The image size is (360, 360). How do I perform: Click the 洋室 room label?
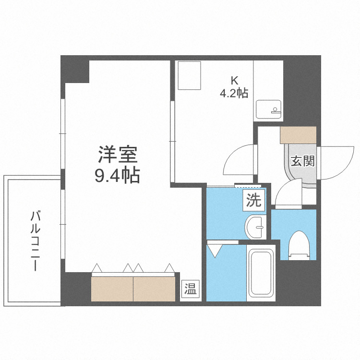click(118, 155)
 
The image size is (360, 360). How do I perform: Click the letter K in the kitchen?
click(234, 80)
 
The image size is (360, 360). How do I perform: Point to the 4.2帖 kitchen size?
click(234, 93)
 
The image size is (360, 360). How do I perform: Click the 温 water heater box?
click(191, 289)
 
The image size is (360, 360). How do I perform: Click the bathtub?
click(262, 274)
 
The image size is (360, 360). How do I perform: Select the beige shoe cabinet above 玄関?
click(298, 135)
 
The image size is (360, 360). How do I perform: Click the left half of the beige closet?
click(112, 288)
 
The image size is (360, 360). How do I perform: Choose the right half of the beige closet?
click(154, 288)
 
